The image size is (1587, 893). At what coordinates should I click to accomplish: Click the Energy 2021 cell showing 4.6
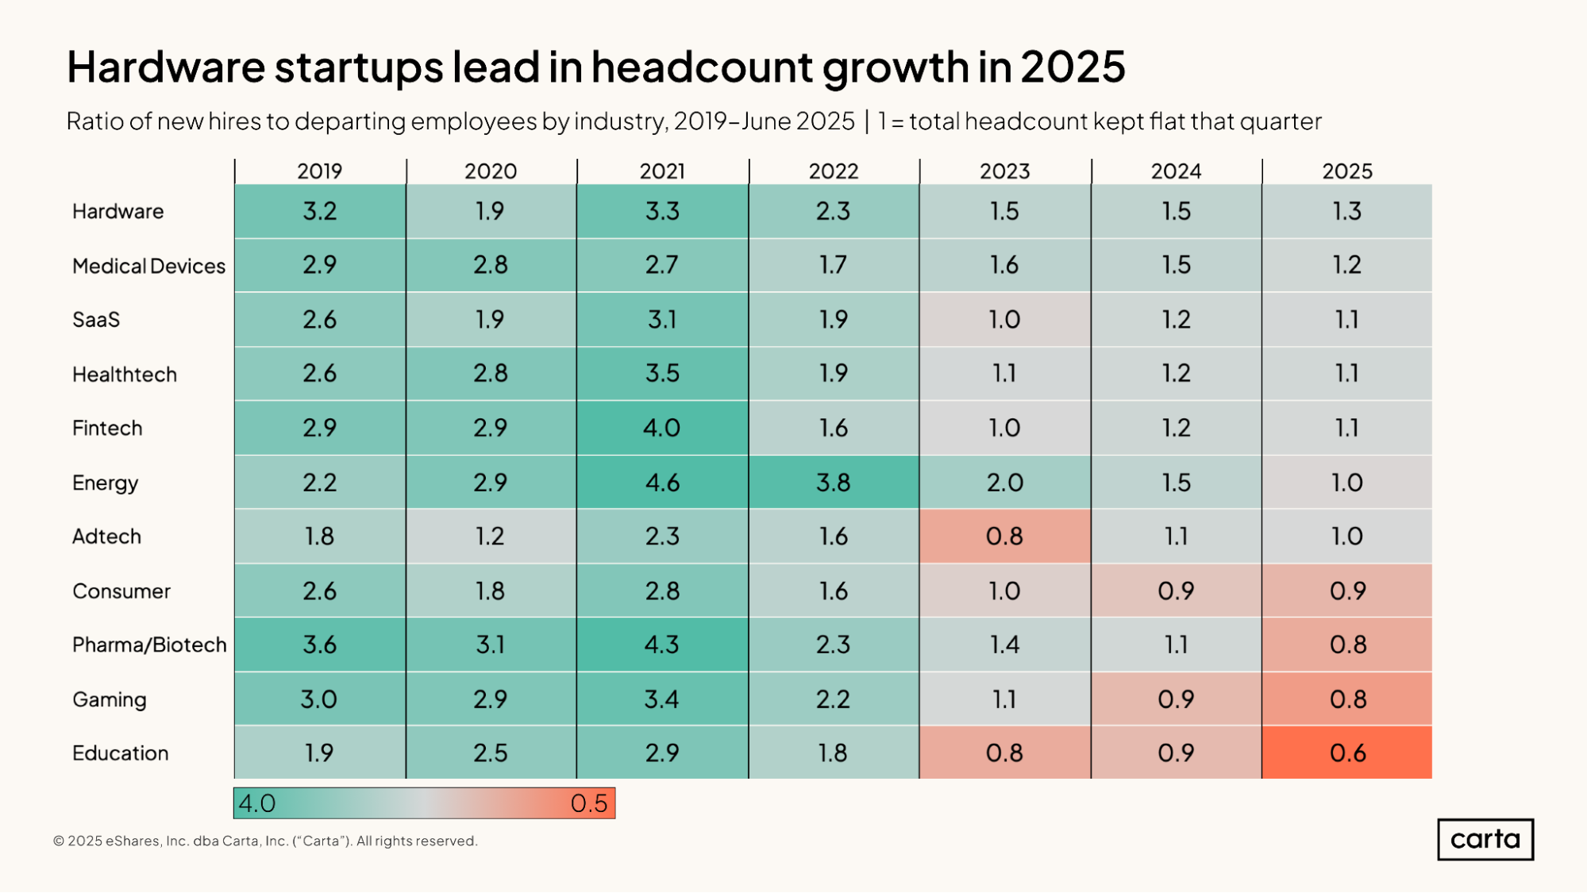click(x=662, y=482)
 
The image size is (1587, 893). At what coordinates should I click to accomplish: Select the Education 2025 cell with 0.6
click(x=1347, y=753)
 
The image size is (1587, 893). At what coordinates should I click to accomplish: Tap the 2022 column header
click(x=834, y=171)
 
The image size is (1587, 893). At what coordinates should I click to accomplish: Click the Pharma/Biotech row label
click(x=149, y=645)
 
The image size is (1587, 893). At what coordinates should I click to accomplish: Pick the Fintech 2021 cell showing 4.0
click(x=662, y=428)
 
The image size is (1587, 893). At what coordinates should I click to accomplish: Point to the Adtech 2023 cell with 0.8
click(x=1004, y=536)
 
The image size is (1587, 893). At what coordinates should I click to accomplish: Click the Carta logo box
click(x=1485, y=839)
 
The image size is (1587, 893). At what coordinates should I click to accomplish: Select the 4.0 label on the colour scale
click(x=257, y=803)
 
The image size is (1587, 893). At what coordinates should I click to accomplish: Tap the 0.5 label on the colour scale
click(x=588, y=803)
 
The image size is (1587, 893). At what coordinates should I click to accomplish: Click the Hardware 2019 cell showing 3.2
click(x=320, y=211)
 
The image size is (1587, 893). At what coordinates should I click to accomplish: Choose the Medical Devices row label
click(x=148, y=266)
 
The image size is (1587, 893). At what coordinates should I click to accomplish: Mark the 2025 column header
click(x=1347, y=171)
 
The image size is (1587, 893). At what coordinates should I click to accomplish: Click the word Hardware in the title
click(x=165, y=67)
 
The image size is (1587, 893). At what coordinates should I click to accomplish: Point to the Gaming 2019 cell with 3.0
click(x=320, y=699)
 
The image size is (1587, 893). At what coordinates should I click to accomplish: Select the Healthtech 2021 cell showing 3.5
click(x=662, y=373)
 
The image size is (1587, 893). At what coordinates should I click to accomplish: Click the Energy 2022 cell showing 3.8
click(x=834, y=482)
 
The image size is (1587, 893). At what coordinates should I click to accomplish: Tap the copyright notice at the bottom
click(x=265, y=841)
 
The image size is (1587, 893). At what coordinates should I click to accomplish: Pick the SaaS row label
click(x=96, y=320)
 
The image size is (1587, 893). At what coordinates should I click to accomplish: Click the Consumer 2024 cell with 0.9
click(x=1176, y=591)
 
